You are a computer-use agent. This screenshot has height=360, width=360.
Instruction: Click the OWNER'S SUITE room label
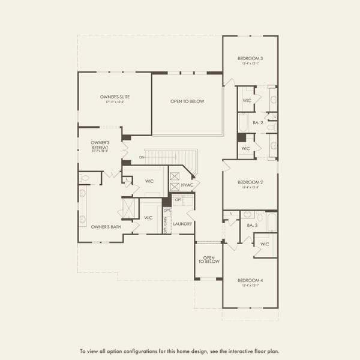115,97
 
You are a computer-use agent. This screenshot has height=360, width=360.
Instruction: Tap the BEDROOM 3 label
250,58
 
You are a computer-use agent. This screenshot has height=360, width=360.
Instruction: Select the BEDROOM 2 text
250,182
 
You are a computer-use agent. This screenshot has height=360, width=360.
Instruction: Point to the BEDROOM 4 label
250,280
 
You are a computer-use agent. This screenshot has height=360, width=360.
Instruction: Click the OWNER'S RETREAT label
100,145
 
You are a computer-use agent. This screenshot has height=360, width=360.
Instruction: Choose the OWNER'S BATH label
106,227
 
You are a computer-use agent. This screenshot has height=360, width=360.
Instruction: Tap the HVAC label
187,185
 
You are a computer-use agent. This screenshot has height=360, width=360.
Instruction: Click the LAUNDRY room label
182,224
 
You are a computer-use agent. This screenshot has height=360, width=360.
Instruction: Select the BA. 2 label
259,122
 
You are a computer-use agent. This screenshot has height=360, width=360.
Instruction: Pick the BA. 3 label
252,226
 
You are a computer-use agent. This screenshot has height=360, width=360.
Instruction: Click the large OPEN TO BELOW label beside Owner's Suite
187,101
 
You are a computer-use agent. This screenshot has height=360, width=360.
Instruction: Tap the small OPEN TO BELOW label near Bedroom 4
208,259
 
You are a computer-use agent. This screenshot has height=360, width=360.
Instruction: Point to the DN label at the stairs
142,157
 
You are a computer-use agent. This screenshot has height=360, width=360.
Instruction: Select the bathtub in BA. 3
271,222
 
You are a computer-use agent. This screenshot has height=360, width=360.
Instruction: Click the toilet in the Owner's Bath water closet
85,178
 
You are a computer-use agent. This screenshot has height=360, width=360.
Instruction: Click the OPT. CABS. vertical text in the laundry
167,220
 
